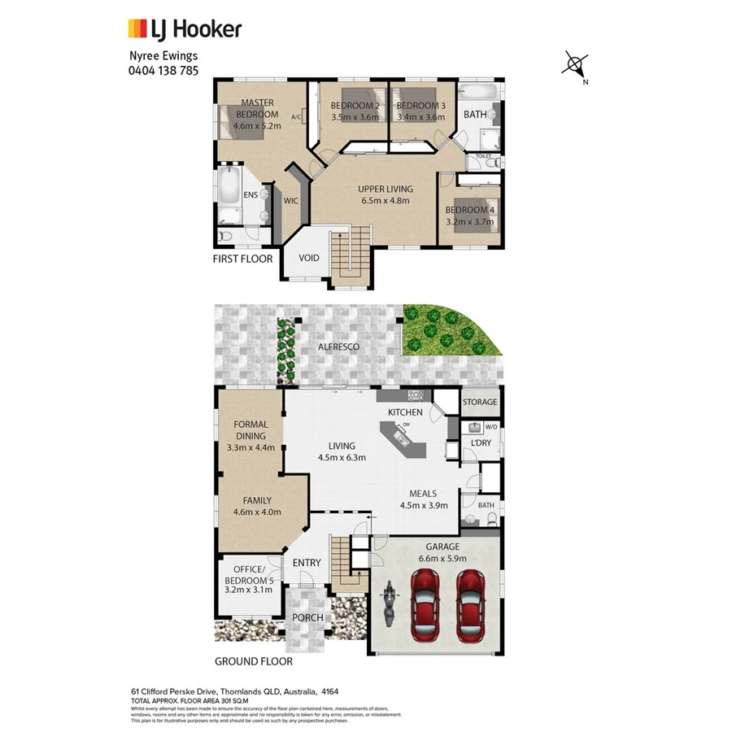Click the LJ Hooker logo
[185, 30]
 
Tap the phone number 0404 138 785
[163, 70]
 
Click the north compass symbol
[576, 64]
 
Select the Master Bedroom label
[257, 108]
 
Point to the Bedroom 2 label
[355, 106]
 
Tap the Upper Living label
[386, 189]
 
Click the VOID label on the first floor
[309, 259]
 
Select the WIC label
[290, 201]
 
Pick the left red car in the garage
[428, 603]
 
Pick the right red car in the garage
[471, 603]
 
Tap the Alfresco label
[338, 346]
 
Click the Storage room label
[479, 402]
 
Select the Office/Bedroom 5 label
[248, 575]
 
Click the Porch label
[308, 617]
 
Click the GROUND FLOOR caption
[253, 662]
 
